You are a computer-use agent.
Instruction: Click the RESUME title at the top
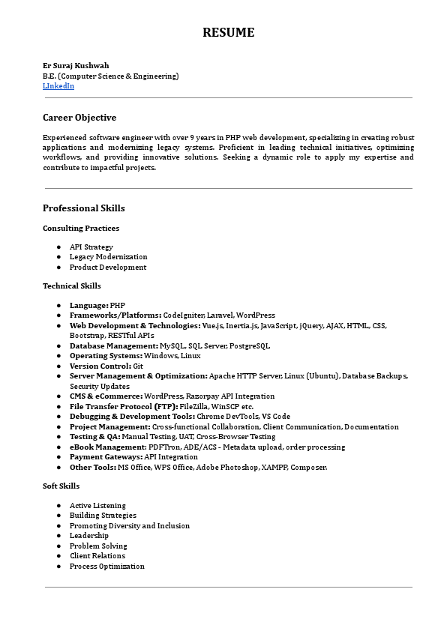point(229,32)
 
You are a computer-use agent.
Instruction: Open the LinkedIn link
point(58,86)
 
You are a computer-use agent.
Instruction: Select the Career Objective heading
point(79,118)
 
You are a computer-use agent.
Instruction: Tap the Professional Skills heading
point(84,208)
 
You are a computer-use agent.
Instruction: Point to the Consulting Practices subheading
point(81,228)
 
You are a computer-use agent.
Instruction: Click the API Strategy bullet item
point(91,247)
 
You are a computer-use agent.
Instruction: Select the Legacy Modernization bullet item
point(109,257)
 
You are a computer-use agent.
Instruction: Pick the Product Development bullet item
point(108,267)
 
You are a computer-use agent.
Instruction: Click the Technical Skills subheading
point(72,286)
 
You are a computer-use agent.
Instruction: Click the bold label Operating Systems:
point(106,356)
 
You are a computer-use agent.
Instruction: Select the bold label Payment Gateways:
point(106,456)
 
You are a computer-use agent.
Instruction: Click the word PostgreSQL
point(248,345)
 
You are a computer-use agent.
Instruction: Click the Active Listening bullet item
point(97,506)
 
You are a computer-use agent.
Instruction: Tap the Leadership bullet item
point(89,536)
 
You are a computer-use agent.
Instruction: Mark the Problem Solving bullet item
point(98,546)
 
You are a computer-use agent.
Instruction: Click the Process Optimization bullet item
point(107,567)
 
